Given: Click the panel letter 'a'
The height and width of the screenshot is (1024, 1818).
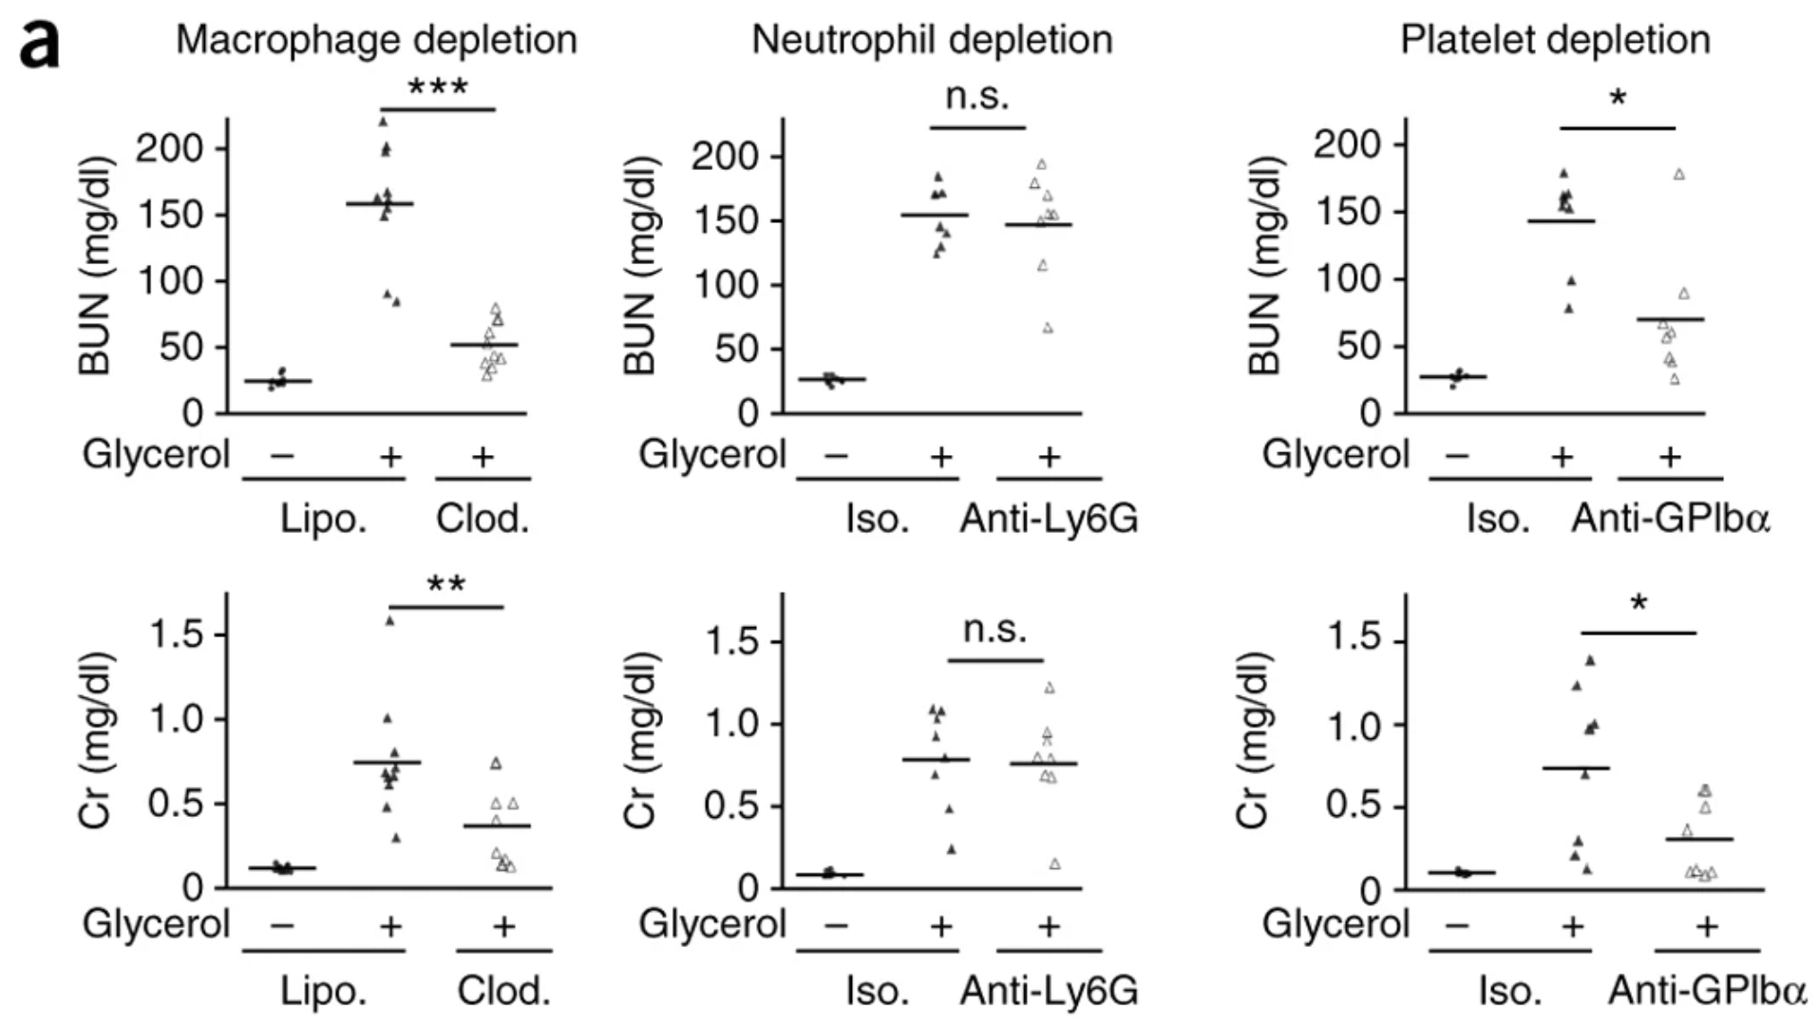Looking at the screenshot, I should (40, 45).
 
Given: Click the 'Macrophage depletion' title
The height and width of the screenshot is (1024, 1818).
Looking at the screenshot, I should (376, 40).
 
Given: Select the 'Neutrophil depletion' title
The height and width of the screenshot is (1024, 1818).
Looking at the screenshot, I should (932, 40).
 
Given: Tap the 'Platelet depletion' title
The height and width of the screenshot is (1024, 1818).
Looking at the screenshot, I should (1555, 40).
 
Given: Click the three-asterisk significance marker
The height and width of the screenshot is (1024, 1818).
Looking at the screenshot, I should (437, 87).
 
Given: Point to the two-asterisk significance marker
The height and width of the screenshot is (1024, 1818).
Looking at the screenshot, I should (445, 584).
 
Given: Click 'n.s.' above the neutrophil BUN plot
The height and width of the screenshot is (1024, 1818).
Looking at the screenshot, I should (976, 96).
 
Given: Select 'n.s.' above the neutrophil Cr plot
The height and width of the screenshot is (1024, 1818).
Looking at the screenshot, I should (994, 629).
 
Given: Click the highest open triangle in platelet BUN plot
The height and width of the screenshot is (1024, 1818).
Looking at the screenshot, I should (1679, 174).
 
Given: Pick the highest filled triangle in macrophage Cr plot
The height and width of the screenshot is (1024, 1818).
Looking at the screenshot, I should (389, 621).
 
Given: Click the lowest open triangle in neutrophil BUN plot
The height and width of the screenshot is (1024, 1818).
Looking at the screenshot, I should (1048, 329).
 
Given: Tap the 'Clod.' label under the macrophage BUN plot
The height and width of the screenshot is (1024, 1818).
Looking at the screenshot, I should (482, 519).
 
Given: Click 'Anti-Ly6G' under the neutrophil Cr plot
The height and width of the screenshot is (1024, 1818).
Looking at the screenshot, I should (1049, 991).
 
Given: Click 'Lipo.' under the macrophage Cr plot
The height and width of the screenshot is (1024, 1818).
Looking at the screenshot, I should (323, 991).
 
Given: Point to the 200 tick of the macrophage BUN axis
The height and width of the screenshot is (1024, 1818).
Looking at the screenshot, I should (169, 148).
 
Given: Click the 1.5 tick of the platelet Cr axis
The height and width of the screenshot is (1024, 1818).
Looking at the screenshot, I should (1354, 638).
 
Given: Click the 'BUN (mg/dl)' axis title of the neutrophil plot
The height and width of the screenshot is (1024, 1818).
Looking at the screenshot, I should (641, 265).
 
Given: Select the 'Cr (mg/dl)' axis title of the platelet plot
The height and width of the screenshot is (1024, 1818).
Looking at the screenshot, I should (1253, 739).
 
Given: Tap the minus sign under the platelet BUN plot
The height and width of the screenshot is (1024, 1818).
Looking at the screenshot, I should (1456, 457).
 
